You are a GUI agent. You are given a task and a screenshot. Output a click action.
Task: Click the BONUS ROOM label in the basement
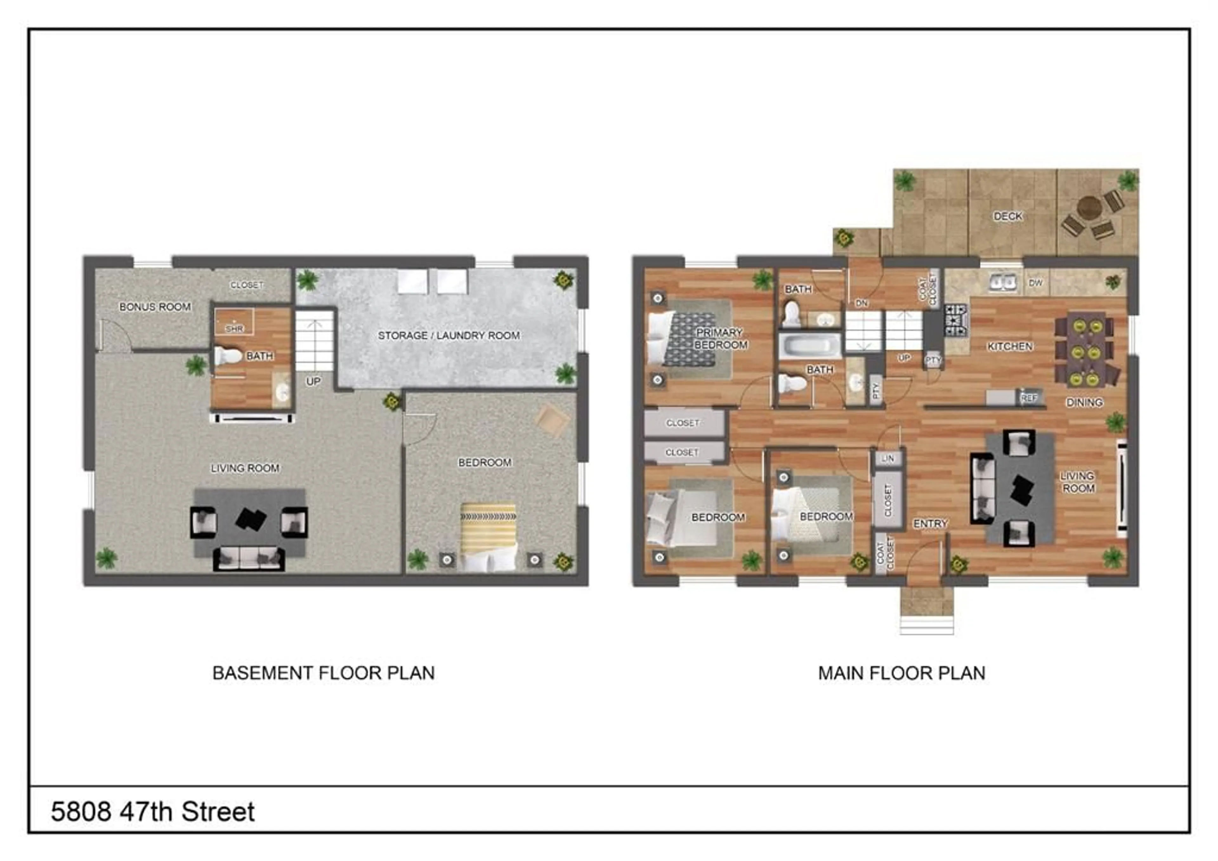155,307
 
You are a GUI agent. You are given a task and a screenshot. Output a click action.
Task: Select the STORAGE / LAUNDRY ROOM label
449,335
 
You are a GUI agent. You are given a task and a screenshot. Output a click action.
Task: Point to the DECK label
1007,216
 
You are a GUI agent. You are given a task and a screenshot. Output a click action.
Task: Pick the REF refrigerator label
1029,397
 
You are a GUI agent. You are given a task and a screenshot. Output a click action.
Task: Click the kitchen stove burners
956,320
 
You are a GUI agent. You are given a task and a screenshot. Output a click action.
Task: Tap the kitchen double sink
1002,282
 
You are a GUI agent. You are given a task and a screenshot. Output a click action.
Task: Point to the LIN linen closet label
887,458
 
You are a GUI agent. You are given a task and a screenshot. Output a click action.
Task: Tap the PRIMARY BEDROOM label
720,338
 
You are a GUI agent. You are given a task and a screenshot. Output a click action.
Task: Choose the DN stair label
861,303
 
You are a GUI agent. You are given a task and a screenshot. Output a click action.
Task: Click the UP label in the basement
313,382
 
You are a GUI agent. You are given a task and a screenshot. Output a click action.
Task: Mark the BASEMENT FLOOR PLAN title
324,673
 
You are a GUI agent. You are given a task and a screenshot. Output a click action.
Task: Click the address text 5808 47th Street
153,812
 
